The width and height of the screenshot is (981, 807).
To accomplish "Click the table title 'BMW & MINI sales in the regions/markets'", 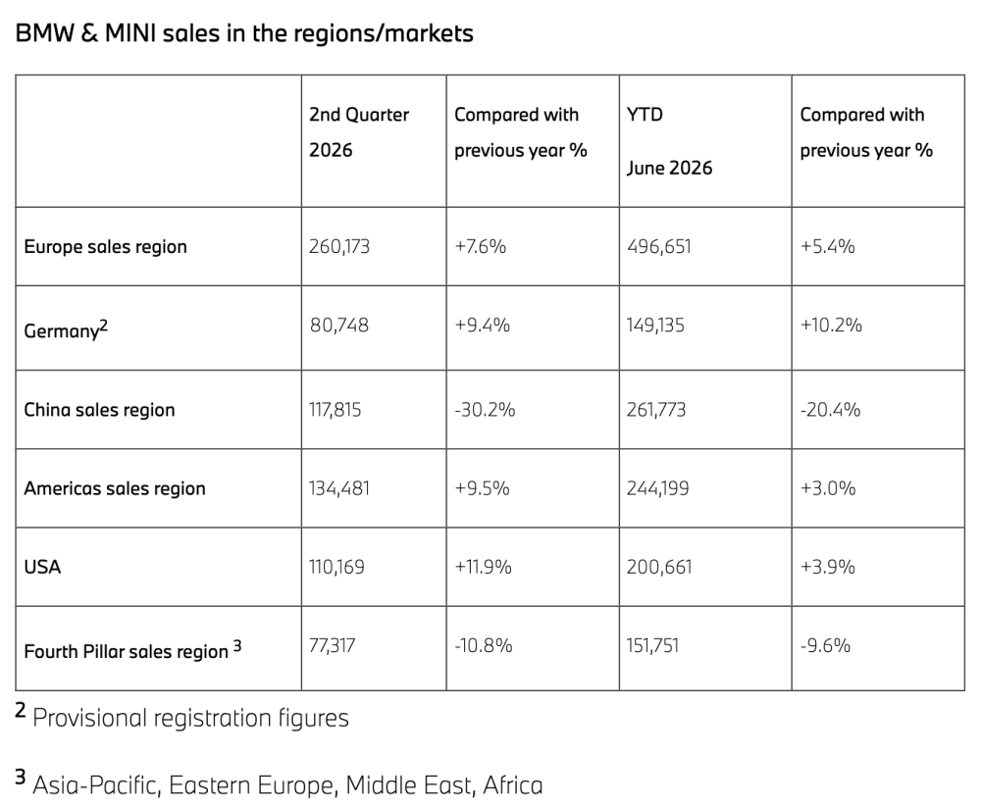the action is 244,33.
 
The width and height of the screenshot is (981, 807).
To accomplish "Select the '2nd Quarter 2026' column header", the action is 358,132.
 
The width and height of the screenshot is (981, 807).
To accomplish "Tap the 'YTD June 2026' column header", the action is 669,141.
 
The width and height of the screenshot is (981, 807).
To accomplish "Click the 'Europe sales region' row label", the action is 105,246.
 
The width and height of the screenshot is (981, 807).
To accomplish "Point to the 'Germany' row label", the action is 66,328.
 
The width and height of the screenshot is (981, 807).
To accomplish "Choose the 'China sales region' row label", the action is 99,410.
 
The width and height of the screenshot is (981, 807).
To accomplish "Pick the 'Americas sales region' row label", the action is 115,488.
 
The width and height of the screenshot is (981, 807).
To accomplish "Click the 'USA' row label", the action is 42,567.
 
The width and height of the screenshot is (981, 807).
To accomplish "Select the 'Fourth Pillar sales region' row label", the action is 132,649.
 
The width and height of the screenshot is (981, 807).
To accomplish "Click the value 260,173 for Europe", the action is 339,246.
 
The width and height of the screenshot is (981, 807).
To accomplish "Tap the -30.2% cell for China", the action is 485,410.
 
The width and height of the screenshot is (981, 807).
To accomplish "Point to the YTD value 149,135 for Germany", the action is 655,326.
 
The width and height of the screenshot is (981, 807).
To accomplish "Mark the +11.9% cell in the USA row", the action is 483,567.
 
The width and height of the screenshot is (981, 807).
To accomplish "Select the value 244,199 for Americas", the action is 657,488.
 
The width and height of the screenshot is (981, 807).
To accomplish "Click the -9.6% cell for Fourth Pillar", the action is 825,645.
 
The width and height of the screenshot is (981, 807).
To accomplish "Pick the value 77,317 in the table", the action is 333,645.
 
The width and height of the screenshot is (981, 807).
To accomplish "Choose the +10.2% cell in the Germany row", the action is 831,326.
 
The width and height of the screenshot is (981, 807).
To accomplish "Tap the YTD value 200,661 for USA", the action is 659,567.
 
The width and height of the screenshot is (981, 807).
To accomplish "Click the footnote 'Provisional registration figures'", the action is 191,718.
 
